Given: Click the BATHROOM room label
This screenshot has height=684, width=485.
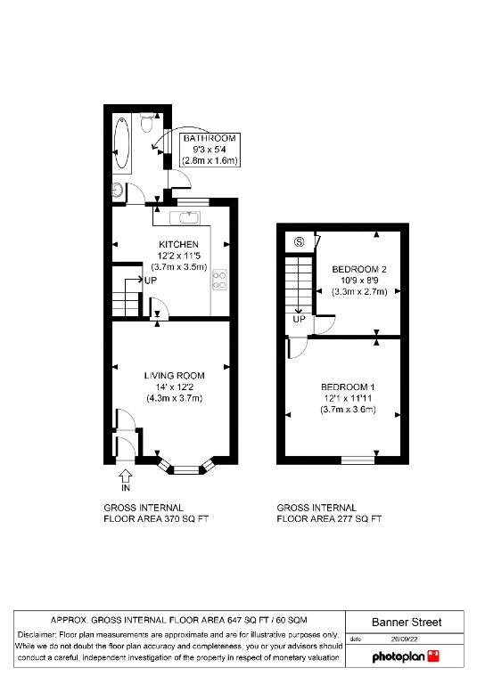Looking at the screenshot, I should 210,139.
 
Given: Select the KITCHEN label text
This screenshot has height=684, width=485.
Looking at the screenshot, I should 178,244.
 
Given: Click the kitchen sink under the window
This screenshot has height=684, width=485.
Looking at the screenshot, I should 188,216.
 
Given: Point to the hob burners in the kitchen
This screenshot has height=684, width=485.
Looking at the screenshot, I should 218,280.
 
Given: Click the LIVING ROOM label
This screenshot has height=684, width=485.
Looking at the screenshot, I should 175,376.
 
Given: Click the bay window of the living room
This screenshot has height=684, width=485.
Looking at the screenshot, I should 187,468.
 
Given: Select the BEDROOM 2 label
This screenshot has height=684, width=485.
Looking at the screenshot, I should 358,269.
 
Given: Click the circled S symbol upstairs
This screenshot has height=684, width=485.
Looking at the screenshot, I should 300,241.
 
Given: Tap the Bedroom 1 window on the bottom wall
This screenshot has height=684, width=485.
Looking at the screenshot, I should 358,460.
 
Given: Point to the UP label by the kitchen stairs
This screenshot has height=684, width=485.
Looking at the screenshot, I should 151,281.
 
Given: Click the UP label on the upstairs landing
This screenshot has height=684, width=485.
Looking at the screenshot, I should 299,319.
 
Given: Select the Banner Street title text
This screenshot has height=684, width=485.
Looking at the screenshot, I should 406,622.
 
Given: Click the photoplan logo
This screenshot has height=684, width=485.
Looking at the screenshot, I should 406,656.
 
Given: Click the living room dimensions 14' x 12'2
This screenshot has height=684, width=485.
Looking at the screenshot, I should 175,387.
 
